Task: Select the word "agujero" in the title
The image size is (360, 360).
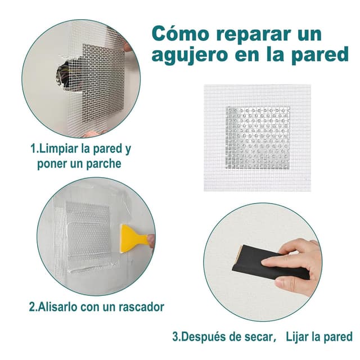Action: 189,57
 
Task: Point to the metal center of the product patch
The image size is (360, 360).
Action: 258,138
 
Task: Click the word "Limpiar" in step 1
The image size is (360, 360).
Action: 59,150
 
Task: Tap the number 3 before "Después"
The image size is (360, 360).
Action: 175,337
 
